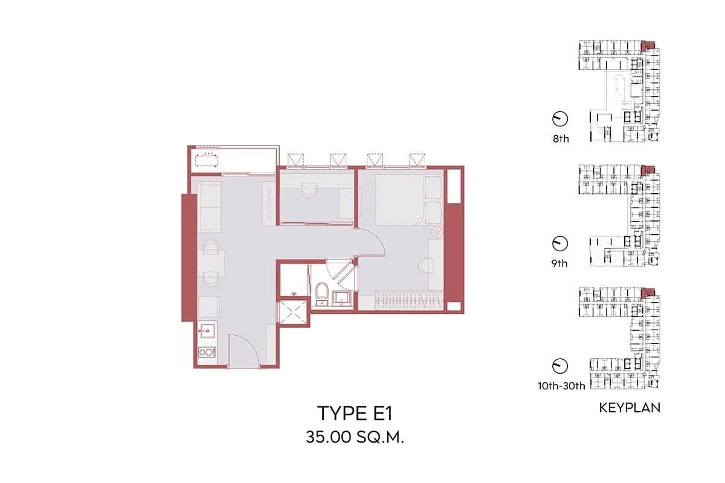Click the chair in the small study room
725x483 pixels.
click(309, 190)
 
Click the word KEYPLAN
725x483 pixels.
click(630, 408)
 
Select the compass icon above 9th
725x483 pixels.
click(560, 243)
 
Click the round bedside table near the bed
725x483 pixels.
click(434, 232)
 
